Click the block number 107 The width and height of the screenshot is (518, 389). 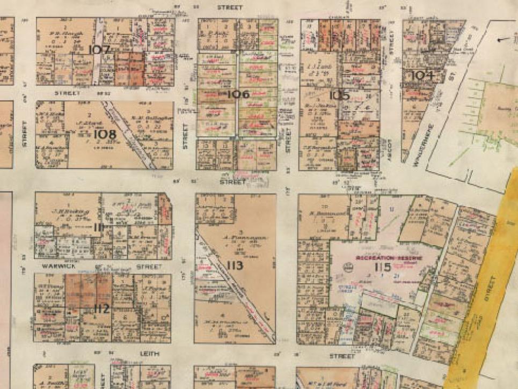pos(100,50)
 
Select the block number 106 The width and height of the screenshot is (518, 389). pos(238,94)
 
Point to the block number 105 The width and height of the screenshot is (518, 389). pos(339,96)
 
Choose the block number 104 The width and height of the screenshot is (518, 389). pos(422,75)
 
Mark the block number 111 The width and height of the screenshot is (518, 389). pos(98,227)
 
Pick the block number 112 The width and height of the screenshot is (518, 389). pos(101,309)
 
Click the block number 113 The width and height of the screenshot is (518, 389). pos(235,266)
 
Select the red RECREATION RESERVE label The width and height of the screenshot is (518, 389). pos(389,258)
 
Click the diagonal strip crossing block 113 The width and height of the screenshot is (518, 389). pos(236,284)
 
